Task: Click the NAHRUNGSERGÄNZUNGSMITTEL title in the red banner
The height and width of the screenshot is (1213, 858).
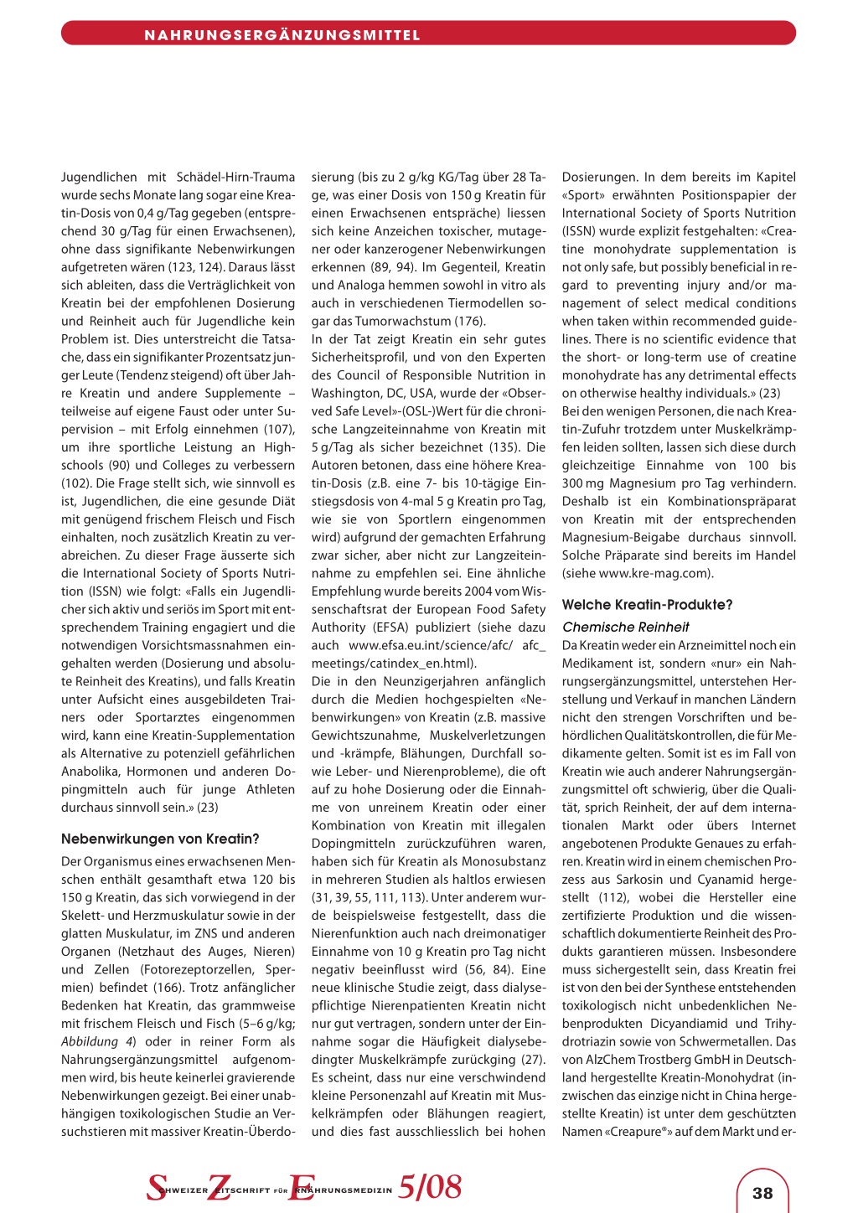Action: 282,35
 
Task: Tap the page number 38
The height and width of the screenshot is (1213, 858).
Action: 762,1193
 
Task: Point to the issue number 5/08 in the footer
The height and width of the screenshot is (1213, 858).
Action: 430,1187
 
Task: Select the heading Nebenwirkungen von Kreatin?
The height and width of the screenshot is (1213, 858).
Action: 160,839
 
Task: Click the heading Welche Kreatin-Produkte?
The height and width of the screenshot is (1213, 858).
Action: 647,605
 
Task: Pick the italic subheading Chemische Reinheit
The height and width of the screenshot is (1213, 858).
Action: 625,627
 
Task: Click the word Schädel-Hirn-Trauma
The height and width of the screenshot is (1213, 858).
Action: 235,177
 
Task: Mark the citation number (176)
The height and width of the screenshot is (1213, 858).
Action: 469,322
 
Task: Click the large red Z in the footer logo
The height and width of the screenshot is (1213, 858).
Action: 220,1188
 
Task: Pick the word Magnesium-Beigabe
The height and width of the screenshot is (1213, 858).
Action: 620,538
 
